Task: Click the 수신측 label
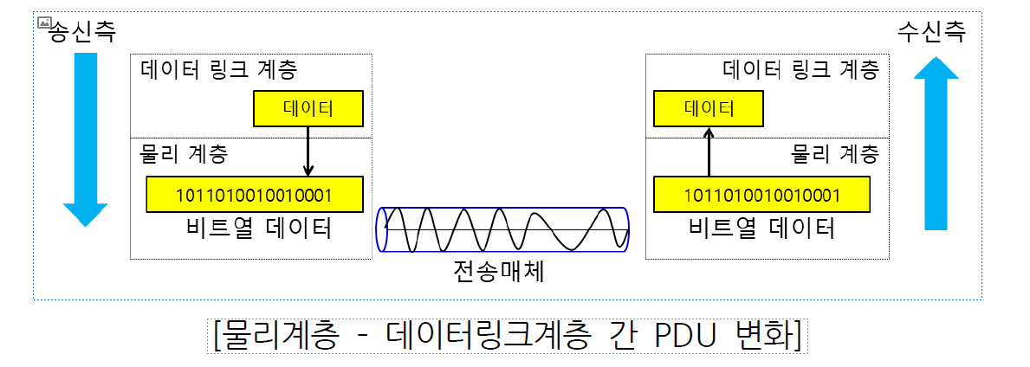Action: click(x=931, y=32)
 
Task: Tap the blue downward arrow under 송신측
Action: click(x=85, y=138)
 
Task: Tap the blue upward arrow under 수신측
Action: click(x=936, y=143)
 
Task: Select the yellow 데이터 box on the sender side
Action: click(x=308, y=109)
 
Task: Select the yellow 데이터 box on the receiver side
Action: click(x=709, y=109)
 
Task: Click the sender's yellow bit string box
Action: click(x=255, y=194)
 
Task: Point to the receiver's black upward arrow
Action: click(x=709, y=151)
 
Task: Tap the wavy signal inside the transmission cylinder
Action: click(x=502, y=230)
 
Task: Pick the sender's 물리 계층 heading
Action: click(x=184, y=154)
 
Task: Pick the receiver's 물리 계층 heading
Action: click(x=835, y=154)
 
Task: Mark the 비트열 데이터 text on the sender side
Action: click(x=259, y=228)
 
